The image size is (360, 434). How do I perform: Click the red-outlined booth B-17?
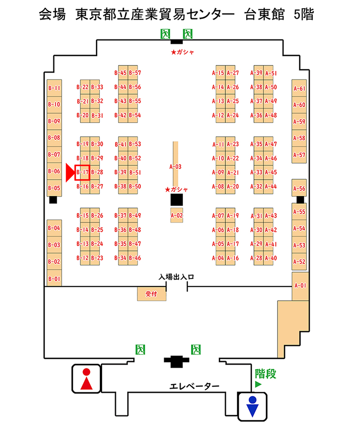tap(83, 172)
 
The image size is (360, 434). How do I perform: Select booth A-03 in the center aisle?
tap(176, 166)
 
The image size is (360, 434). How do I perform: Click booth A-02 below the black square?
tap(176, 215)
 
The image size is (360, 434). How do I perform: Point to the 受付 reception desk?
tap(150, 294)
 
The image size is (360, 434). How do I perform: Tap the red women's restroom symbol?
tap(86, 380)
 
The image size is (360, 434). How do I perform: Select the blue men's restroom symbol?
tap(252, 407)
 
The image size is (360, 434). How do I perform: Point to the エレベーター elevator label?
tap(194, 386)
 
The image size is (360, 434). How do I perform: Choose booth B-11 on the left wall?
tap(54, 88)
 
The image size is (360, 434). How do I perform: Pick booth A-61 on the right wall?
tap(299, 89)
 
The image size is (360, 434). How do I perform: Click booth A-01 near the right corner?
tap(300, 286)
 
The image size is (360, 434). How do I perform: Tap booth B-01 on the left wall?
tap(54, 278)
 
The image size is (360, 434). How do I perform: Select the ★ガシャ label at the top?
tap(183, 52)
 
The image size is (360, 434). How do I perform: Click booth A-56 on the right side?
tap(299, 189)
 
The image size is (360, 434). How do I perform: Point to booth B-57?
tap(135, 73)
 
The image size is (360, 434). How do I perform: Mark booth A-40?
tap(270, 258)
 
